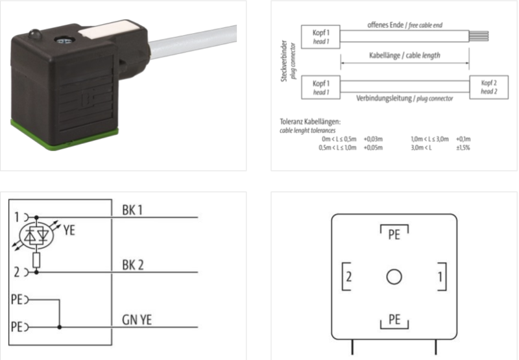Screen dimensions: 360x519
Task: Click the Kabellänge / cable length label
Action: point(405,56)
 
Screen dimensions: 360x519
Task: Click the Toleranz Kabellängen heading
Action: point(310,121)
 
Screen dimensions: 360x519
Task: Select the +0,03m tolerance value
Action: point(372,139)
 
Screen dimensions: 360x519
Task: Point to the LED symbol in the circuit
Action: point(36,237)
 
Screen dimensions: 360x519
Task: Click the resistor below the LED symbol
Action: point(36,261)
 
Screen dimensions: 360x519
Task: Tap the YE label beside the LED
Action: point(69,229)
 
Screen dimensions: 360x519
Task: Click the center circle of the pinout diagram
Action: point(394,277)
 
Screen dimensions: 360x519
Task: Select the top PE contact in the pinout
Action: point(394,234)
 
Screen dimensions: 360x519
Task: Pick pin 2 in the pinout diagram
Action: point(348,277)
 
